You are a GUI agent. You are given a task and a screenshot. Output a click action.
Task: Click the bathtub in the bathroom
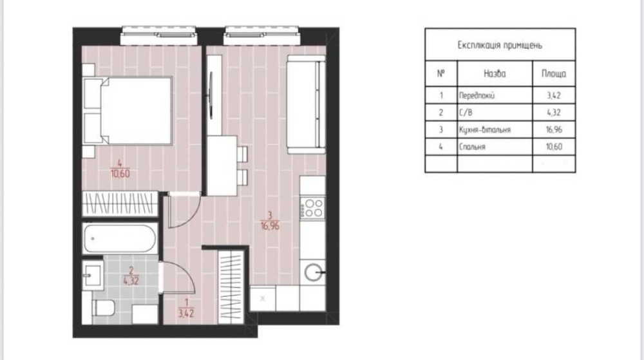pyautogui.click(x=120, y=238)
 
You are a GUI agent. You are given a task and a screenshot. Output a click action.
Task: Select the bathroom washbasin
pyautogui.click(x=92, y=274)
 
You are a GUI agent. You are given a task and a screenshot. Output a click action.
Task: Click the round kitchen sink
pyautogui.click(x=314, y=272)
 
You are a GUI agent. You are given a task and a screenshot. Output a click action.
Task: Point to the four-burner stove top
pyautogui.click(x=313, y=208)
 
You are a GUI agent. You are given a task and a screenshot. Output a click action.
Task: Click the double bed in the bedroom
pyautogui.click(x=128, y=111)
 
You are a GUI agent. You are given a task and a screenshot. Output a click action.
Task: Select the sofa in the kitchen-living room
pyautogui.click(x=307, y=104)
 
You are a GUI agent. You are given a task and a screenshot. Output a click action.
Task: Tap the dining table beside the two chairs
pyautogui.click(x=222, y=166)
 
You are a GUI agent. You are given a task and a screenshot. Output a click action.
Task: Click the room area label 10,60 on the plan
pyautogui.click(x=120, y=174)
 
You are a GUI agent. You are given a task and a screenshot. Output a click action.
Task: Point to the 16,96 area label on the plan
pyautogui.click(x=270, y=225)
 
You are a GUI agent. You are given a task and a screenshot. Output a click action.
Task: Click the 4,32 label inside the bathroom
pyautogui.click(x=131, y=281)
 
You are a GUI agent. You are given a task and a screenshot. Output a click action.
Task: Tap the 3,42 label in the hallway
pyautogui.click(x=186, y=313)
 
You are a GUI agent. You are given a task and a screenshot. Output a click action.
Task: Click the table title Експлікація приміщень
pyautogui.click(x=500, y=45)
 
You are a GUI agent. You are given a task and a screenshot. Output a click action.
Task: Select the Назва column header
pyautogui.click(x=495, y=74)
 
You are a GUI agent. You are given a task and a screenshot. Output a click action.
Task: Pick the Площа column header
pyautogui.click(x=554, y=74)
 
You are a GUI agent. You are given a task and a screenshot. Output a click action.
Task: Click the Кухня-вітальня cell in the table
pyautogui.click(x=485, y=129)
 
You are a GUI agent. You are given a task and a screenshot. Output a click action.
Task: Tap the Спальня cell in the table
pyautogui.click(x=472, y=147)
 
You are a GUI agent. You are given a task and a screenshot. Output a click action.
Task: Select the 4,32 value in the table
pyautogui.click(x=554, y=113)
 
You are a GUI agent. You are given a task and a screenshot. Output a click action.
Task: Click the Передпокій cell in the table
pyautogui.click(x=477, y=96)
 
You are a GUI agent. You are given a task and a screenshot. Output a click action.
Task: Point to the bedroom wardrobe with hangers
pyautogui.click(x=120, y=204)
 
